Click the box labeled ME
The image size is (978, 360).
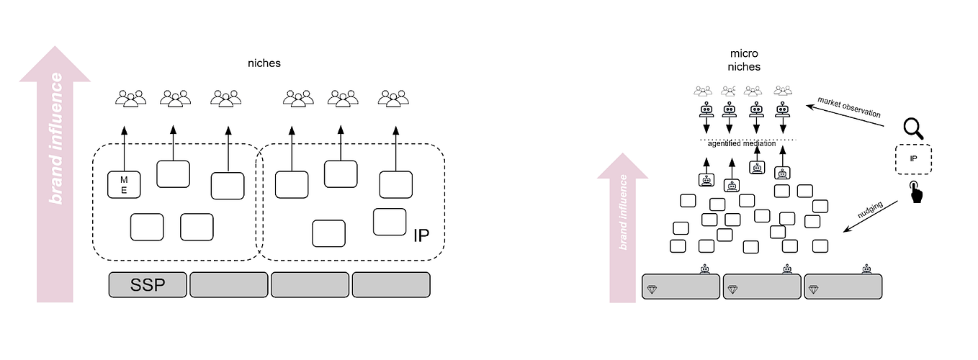123,185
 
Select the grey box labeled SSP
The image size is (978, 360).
147,284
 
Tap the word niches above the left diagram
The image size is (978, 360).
262,63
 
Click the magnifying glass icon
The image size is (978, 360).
914,129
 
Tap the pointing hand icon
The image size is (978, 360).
915,192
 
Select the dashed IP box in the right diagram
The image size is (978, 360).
913,159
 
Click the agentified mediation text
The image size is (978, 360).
742,143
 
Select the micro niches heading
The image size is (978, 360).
745,60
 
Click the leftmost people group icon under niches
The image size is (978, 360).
130,98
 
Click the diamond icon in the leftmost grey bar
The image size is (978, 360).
652,289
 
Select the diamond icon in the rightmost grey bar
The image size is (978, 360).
814,289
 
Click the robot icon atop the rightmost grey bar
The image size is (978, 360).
866,269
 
